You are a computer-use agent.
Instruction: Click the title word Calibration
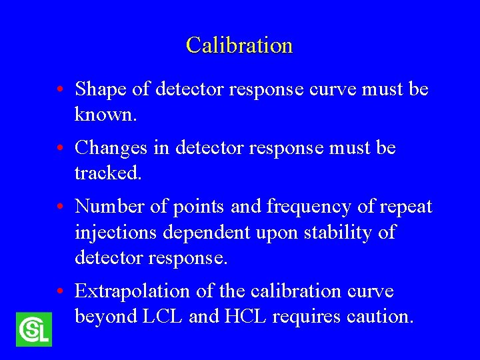pyautogui.click(x=239, y=45)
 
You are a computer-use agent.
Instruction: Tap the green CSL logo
pyautogui.click(x=33, y=329)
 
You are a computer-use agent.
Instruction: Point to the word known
pyautogui.click(x=105, y=115)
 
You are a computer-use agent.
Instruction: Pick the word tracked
pyautogui.click(x=107, y=173)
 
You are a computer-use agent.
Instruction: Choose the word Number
pyautogui.click(x=110, y=207)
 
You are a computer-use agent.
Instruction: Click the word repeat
pyautogui.click(x=407, y=207)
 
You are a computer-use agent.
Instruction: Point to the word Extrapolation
pyautogui.click(x=133, y=291)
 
